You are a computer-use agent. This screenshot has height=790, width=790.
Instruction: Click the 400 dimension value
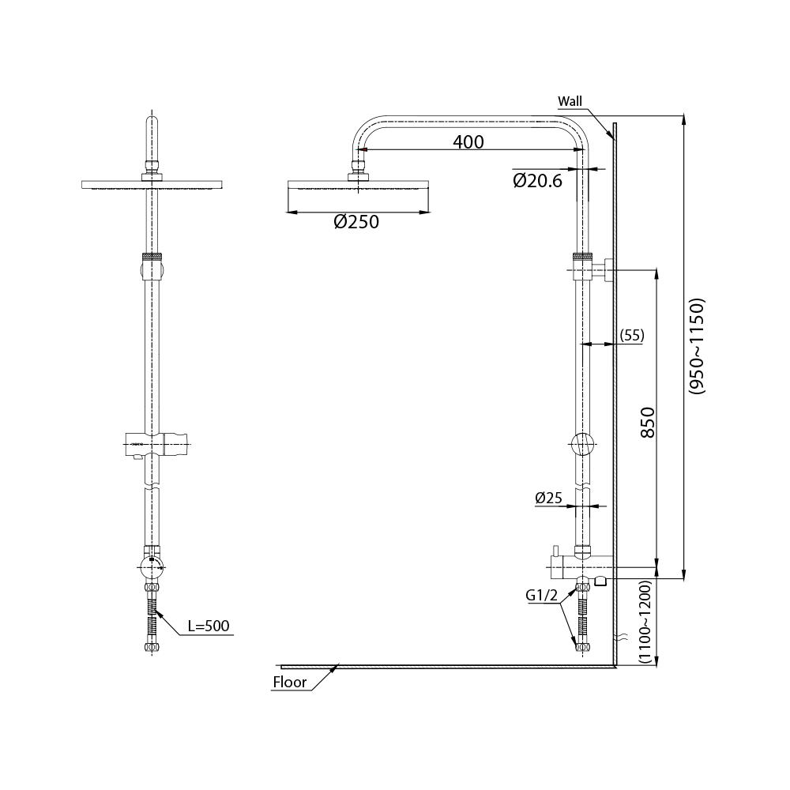click(468, 142)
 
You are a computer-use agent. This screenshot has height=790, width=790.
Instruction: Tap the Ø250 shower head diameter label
click(356, 222)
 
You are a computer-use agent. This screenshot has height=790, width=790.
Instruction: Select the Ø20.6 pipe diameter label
click(537, 180)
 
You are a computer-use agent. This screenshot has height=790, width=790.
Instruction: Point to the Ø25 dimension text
click(548, 498)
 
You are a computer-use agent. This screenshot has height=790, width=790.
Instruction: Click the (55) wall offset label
click(632, 335)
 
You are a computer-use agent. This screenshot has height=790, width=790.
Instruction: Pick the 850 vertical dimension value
click(649, 422)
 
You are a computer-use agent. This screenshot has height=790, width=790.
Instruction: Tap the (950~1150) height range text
click(698, 346)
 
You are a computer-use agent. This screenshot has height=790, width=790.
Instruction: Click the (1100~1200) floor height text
click(645, 622)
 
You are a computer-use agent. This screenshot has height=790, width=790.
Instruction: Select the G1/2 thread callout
click(542, 596)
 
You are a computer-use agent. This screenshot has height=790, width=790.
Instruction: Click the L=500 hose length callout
click(208, 626)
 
